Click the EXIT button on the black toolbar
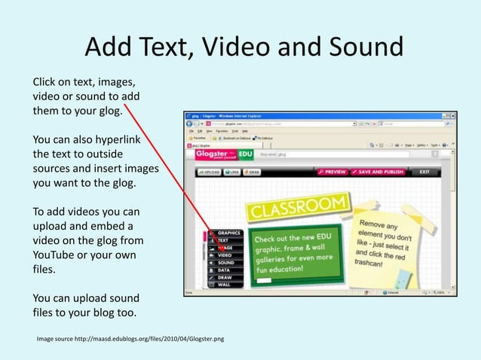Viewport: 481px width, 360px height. pyautogui.click(x=425, y=172)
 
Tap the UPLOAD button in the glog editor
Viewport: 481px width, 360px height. pyautogui.click(x=208, y=172)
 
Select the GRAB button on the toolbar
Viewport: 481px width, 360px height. pyautogui.click(x=253, y=172)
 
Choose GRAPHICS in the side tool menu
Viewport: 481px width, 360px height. pyautogui.click(x=226, y=233)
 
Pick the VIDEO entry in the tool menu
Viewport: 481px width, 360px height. pyautogui.click(x=224, y=255)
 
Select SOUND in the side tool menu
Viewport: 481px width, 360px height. pyautogui.click(x=225, y=263)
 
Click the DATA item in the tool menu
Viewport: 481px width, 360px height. pyautogui.click(x=223, y=270)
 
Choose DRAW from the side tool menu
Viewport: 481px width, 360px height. pyautogui.click(x=224, y=278)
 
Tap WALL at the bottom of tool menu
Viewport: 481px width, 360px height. pyautogui.click(x=224, y=285)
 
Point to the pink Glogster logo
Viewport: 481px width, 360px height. pyautogui.click(x=213, y=154)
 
